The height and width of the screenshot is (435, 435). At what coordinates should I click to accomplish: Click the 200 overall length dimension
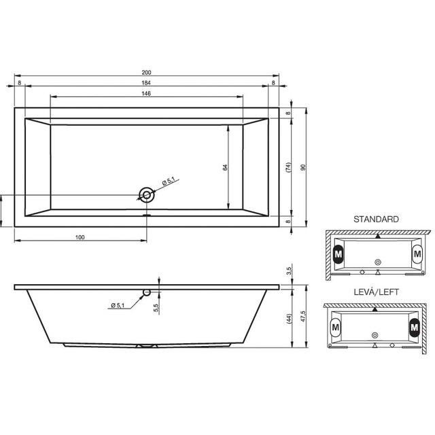click(147, 73)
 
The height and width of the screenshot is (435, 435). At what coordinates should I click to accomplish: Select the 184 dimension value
click(146, 83)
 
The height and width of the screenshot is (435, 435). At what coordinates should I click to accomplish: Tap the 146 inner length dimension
click(146, 94)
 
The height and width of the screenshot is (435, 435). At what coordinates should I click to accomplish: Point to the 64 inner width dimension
click(225, 167)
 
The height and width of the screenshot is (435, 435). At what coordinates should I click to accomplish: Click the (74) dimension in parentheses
click(288, 168)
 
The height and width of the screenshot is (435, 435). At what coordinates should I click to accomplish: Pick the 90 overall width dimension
click(303, 167)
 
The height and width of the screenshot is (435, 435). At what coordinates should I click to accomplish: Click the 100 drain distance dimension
click(80, 237)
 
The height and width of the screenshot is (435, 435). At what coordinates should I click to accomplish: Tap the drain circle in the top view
click(147, 195)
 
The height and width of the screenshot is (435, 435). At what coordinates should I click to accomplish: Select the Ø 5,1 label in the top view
click(169, 181)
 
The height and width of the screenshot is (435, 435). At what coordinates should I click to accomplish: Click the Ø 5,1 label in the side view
click(118, 305)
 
